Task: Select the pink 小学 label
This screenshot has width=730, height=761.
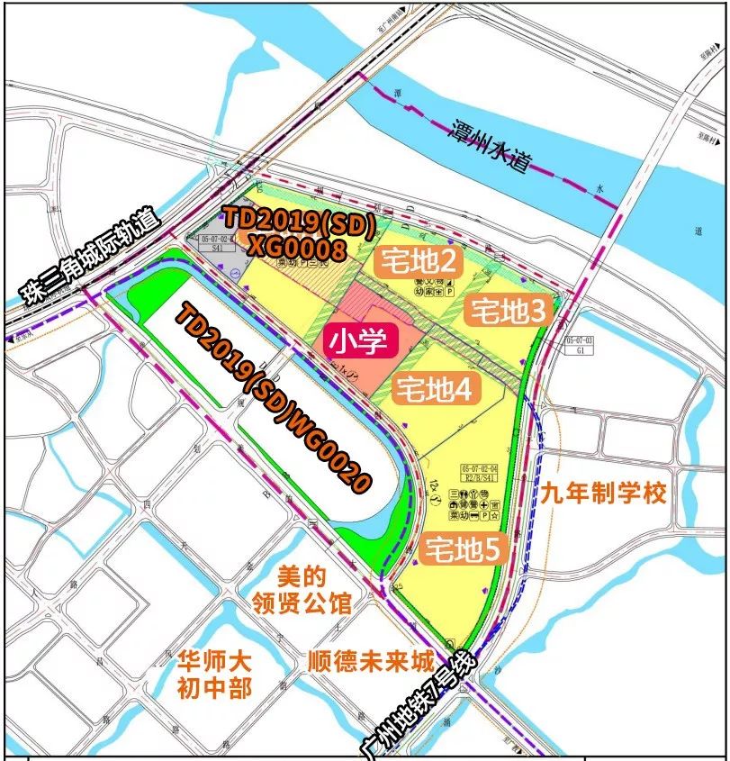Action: pyautogui.click(x=357, y=341)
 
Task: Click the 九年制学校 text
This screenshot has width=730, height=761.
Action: pyautogui.click(x=605, y=494)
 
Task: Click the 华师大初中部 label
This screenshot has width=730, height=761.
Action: pyautogui.click(x=214, y=673)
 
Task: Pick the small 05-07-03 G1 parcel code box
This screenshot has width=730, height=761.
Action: pyautogui.click(x=580, y=347)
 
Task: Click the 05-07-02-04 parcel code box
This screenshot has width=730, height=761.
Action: pyautogui.click(x=479, y=474)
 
